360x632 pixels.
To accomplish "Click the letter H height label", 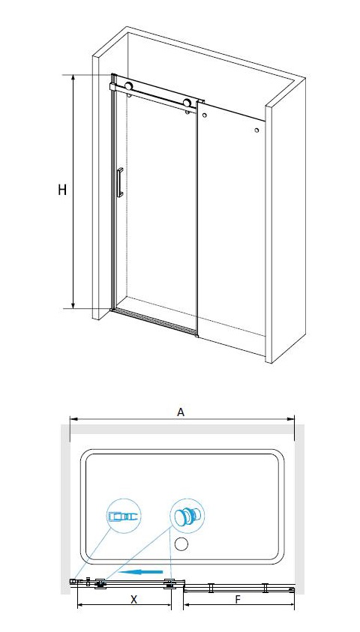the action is point(62,190).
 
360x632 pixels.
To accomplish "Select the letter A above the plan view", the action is point(181,412).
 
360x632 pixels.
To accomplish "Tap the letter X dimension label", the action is point(133,599).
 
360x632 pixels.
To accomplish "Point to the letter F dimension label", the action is point(238,599).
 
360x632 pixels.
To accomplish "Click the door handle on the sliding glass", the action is point(120,183).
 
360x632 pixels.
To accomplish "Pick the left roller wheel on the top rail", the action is point(128,86).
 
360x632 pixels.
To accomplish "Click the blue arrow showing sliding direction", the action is point(143,571).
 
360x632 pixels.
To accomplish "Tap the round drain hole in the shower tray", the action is point(181,544).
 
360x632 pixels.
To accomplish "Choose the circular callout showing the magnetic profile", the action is point(124,517).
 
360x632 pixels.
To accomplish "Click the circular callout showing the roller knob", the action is point(187,517).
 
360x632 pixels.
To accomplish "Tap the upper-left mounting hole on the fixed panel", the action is point(205,115).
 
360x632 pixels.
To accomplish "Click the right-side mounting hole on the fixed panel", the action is point(256,130).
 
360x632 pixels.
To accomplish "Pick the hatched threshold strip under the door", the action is point(154,321).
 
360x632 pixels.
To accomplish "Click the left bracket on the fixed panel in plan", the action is point(211,588).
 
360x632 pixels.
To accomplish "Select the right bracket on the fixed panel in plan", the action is point(265,588).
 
